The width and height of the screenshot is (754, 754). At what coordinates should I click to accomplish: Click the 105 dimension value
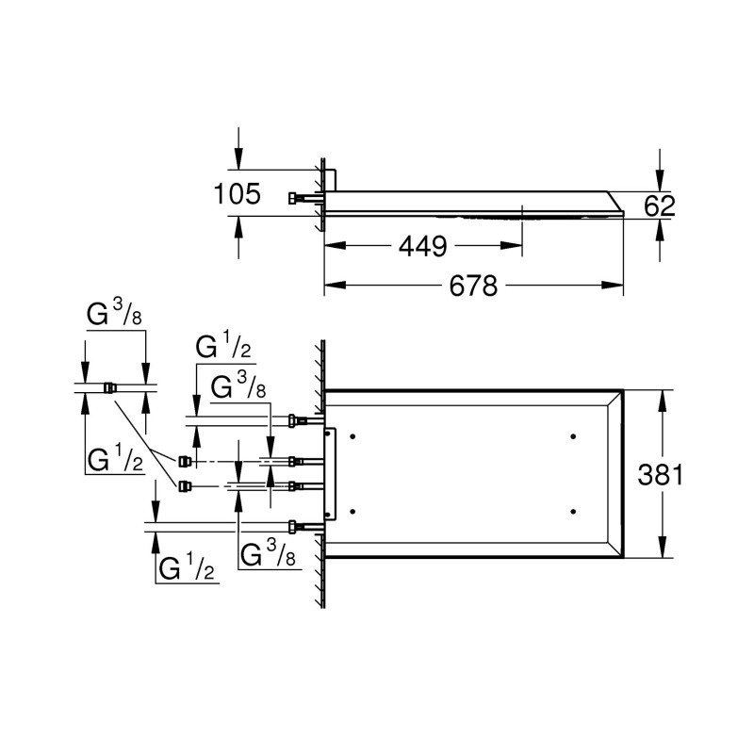click(238, 195)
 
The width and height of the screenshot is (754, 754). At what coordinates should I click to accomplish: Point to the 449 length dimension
click(421, 247)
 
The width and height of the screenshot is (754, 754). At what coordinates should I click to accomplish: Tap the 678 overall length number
click(472, 286)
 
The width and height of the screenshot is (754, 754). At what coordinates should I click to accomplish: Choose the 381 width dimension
click(659, 474)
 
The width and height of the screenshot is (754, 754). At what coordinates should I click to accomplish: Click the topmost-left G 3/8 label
click(115, 318)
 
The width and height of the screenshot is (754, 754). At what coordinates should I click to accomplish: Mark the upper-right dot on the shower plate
click(573, 436)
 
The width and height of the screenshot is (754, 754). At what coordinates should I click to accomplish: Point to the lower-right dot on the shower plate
click(573, 511)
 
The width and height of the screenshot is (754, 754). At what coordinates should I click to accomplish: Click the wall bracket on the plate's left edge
click(329, 473)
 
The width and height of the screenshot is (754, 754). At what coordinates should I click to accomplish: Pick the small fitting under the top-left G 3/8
click(110, 386)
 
